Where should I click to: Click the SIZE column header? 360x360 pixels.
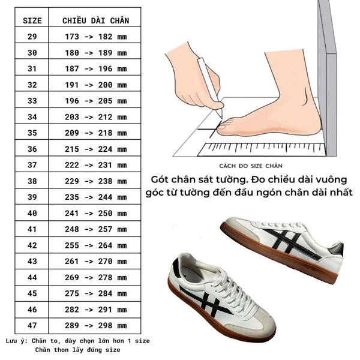[x=32, y=20]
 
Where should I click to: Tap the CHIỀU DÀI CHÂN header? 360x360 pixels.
[x=95, y=20]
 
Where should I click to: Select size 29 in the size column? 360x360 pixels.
[x=32, y=37]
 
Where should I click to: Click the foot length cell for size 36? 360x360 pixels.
[x=95, y=149]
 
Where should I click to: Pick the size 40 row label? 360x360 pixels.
[x=32, y=213]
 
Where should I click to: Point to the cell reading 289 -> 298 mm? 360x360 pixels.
[x=95, y=326]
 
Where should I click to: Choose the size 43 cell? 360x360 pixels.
[x=32, y=261]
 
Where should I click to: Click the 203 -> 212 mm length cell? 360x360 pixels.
[x=95, y=117]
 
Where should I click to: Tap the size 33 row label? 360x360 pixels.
[x=32, y=101]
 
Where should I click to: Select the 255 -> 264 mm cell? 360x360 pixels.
[x=95, y=245]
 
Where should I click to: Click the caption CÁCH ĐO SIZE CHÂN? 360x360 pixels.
[x=251, y=166]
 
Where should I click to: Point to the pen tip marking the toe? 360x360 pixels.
[x=221, y=118]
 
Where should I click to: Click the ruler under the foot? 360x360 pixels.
[x=262, y=149]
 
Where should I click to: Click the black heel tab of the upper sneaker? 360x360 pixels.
[x=337, y=250]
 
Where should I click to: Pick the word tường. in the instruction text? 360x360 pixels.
[x=232, y=180]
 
